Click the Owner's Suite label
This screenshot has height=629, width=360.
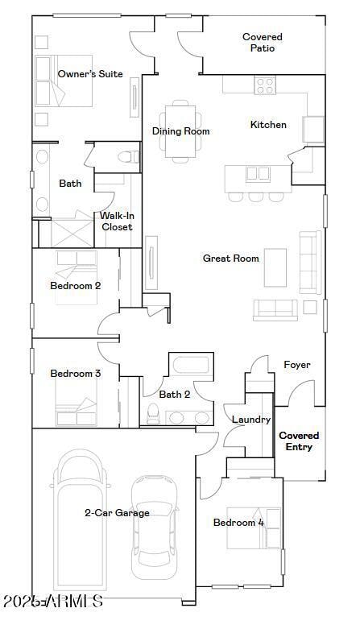pos(90,74)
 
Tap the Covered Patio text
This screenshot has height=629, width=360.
pos(263,43)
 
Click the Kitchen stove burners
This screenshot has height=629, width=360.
pos(265,85)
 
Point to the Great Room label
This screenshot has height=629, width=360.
pos(230,259)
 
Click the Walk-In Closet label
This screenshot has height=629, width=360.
pos(117,221)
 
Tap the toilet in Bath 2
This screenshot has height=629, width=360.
pos(152,412)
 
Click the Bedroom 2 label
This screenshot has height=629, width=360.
pos(75,285)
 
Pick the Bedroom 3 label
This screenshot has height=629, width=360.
pos(75,374)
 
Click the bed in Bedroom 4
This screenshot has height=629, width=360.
pos(254,528)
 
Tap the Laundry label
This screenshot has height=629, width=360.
pos(250,420)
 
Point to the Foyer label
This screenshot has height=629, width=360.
pos(297,365)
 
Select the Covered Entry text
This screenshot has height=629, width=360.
pos(299,441)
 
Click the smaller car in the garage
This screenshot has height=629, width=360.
pos(155,528)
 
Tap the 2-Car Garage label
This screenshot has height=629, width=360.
pos(118,513)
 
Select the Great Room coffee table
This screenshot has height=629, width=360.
pos(275,267)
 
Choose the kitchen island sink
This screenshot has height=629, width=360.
pos(258,172)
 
